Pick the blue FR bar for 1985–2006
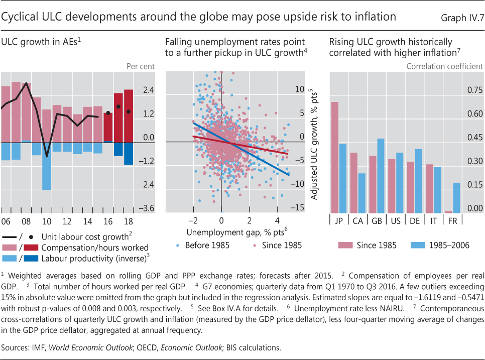[456, 197]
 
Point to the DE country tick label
[414, 221]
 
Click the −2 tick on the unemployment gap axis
[192, 221]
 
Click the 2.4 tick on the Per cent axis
[149, 90]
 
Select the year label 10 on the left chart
[47, 221]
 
